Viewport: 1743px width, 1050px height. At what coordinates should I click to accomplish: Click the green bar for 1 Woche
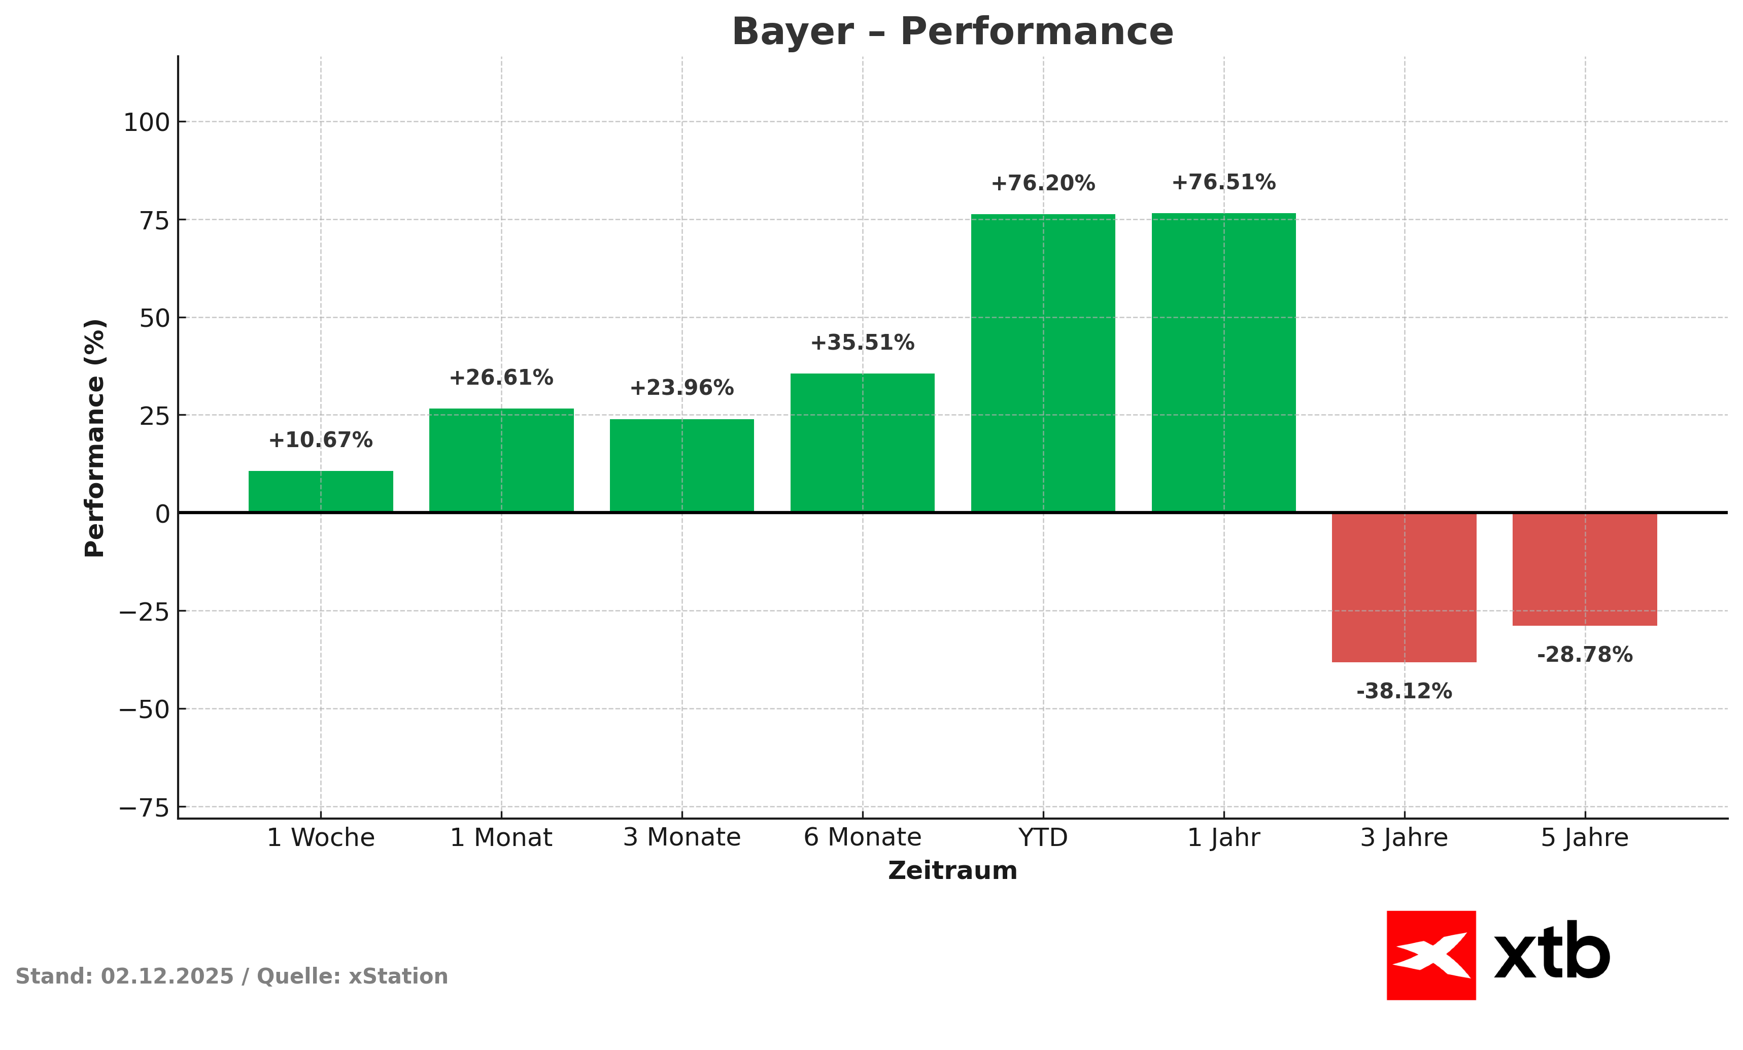pos(321,492)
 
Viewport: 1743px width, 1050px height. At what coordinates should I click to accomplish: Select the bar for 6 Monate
pos(862,443)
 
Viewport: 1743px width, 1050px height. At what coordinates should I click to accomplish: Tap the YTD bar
pos(1043,363)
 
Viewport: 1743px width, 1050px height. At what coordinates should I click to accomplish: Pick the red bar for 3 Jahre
pos(1404,587)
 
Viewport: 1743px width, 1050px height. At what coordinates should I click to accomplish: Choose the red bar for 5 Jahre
pos(1585,569)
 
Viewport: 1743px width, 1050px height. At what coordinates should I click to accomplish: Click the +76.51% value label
pos(1224,183)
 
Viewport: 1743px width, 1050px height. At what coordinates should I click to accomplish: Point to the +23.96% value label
pos(682,388)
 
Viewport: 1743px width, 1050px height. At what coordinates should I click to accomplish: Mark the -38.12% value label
pos(1404,691)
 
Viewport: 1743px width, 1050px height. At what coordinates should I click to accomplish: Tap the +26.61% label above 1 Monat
pos(501,378)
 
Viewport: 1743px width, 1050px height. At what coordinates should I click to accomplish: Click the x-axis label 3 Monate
pos(682,838)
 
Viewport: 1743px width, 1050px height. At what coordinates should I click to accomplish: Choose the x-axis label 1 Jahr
pos(1224,838)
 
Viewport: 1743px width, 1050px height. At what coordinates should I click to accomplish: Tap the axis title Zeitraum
pos(952,871)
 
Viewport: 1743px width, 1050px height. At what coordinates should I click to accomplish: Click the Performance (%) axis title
pos(95,438)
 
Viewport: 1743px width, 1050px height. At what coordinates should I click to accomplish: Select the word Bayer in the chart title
pos(792,32)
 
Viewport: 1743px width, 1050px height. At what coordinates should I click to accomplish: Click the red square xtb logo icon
pos(1431,955)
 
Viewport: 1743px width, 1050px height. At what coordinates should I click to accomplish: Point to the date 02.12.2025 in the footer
pos(167,976)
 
